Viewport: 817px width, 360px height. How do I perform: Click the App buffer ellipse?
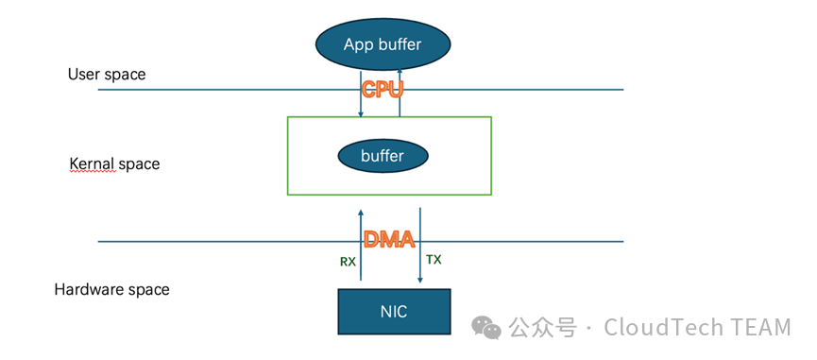383,44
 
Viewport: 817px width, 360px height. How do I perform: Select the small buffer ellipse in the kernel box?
383,156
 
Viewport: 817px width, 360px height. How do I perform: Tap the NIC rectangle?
394,312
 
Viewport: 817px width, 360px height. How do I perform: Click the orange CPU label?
383,90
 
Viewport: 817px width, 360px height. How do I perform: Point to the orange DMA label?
389,239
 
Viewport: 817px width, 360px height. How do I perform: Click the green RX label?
349,262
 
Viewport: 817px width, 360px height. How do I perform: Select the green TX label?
434,260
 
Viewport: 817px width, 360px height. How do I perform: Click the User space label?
107,75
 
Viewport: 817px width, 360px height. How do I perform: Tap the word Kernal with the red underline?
92,164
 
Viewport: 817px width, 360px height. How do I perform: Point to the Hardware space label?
112,289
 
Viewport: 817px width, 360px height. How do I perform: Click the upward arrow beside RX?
360,245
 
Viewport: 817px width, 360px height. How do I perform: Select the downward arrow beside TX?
420,246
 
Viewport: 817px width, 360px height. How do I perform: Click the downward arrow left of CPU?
360,93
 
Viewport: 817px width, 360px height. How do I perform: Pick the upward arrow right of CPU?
400,93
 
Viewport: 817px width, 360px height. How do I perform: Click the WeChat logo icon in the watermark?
486,327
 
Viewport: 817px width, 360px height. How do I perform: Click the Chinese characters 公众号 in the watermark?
542,328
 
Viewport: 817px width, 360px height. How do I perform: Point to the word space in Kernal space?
139,164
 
